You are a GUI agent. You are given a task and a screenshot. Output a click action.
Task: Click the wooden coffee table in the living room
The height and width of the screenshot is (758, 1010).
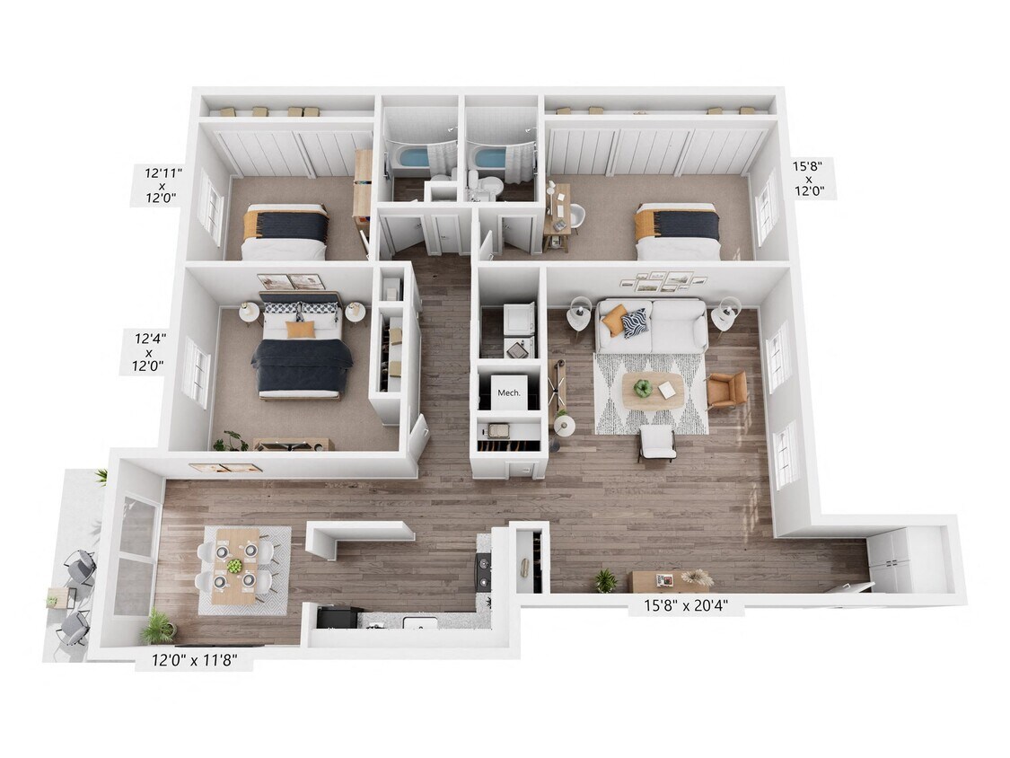click(x=652, y=390)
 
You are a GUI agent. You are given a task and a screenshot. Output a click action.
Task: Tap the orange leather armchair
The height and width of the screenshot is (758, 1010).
click(x=726, y=390)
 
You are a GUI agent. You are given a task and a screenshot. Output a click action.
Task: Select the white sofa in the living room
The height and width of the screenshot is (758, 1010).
click(x=654, y=325)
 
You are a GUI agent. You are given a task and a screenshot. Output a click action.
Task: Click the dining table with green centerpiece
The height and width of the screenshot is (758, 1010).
click(x=235, y=566)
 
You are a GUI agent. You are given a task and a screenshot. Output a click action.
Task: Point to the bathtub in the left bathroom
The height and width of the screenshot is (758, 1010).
click(x=414, y=160)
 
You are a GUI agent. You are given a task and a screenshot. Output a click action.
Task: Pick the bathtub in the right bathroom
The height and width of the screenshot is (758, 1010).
click(x=490, y=160)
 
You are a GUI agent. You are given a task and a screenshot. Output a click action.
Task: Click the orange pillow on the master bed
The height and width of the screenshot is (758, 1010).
click(x=301, y=330)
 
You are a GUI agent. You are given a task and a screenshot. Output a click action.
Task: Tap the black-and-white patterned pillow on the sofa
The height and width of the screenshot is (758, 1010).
click(x=635, y=321)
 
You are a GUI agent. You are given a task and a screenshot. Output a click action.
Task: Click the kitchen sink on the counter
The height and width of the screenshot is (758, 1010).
click(x=418, y=622)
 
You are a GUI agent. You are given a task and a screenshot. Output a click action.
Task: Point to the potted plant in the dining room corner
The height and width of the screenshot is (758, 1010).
click(x=159, y=626)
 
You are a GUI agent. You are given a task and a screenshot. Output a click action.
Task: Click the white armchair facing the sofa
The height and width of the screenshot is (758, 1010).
click(x=658, y=442)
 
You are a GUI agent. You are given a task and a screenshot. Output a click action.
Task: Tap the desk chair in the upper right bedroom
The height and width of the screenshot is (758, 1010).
click(x=575, y=216)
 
